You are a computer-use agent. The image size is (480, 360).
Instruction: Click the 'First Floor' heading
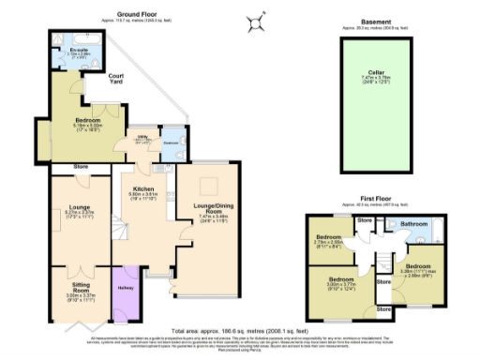tap(375, 201)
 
